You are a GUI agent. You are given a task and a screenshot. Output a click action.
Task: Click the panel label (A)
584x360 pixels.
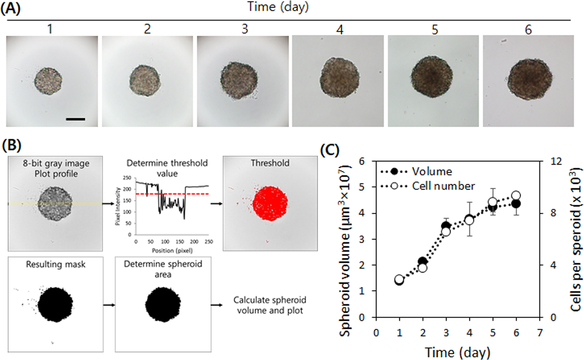tap(10, 8)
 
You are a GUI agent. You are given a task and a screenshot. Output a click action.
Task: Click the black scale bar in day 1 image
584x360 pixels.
tap(75, 119)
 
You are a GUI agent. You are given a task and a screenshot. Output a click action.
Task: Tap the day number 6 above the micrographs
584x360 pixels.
tap(528, 29)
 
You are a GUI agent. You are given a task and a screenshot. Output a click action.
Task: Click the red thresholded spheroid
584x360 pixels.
tap(270, 203)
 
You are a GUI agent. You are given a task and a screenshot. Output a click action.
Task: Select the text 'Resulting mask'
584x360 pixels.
tap(56, 264)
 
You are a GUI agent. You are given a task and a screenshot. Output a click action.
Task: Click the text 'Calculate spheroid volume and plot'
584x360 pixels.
tap(270, 305)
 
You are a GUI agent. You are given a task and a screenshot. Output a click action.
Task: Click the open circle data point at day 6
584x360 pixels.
tap(516, 196)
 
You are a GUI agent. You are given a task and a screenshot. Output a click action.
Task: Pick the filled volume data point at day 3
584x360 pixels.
tap(446, 226)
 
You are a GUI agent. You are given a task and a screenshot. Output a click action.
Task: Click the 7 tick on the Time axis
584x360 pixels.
tap(540, 333)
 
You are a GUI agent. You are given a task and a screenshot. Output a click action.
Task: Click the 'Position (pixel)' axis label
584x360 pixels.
tap(172, 251)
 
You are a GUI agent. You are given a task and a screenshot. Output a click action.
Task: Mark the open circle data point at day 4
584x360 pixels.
tap(470, 220)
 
